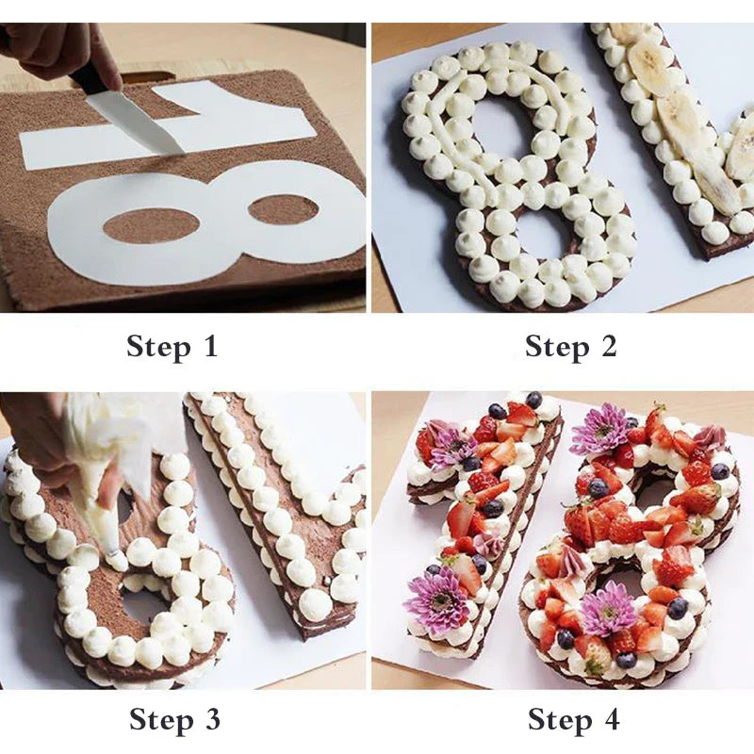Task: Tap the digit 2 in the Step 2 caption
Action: pyautogui.click(x=607, y=346)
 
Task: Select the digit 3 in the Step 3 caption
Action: pyautogui.click(x=209, y=720)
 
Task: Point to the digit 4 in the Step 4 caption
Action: pyautogui.click(x=610, y=720)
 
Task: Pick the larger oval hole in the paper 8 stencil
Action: pyautogui.click(x=151, y=225)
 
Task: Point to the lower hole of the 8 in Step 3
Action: pyautogui.click(x=141, y=603)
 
